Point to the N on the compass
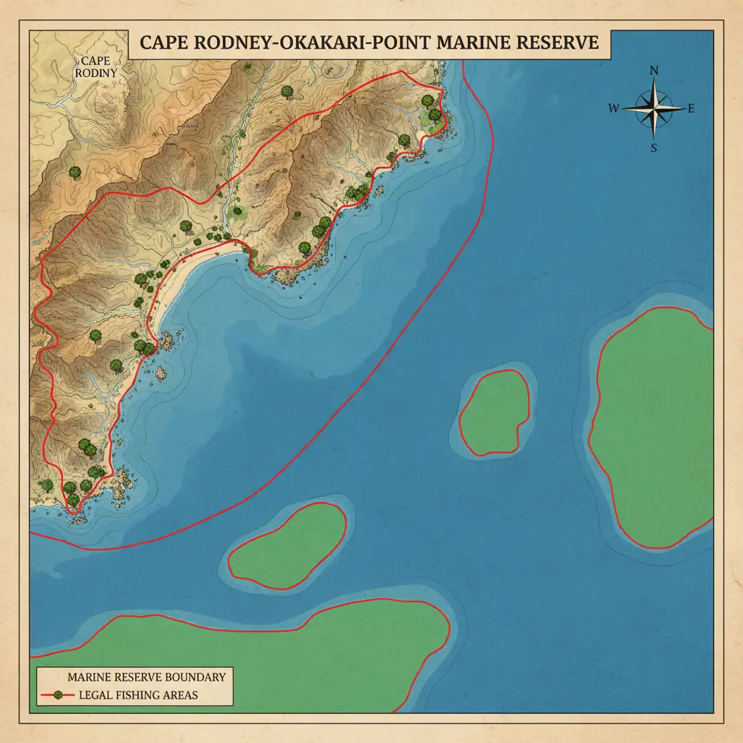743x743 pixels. pos(654,70)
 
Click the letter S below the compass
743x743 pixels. pos(654,148)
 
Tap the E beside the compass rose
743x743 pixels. pos(691,110)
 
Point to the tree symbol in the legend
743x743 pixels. pos(57,695)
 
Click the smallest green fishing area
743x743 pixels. pos(497,413)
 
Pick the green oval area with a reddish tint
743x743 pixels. pos(287,545)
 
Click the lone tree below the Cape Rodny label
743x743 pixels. pos(74,173)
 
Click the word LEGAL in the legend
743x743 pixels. pos(93,695)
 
